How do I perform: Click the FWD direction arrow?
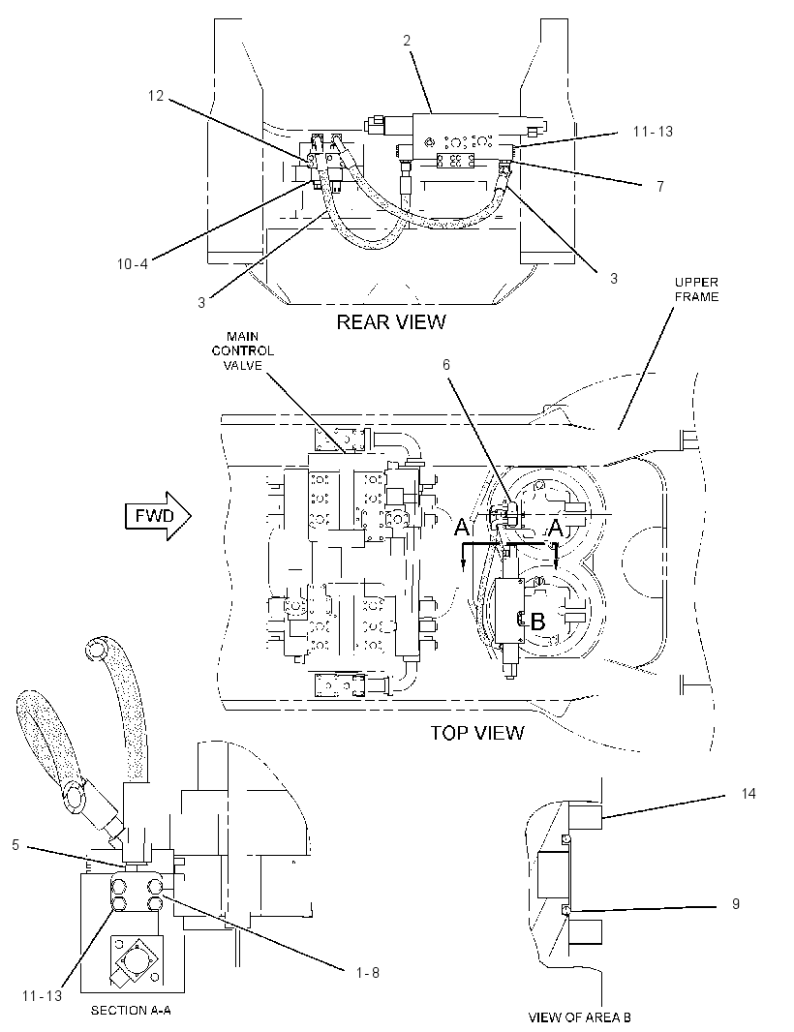[158, 515]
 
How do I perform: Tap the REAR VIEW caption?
[391, 321]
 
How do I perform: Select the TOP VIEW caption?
[477, 733]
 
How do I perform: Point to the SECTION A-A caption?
[131, 1011]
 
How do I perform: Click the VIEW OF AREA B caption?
[579, 1017]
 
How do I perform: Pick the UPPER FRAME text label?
[696, 289]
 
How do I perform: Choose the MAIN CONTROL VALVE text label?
[242, 350]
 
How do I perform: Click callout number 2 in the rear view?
[407, 41]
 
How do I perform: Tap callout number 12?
[155, 96]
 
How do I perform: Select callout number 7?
[660, 187]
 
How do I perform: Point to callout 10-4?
[133, 264]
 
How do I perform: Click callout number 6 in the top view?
[446, 365]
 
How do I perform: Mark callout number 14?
[748, 794]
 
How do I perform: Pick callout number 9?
[736, 904]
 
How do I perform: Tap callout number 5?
[15, 844]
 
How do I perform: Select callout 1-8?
[367, 973]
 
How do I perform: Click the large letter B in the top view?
[538, 622]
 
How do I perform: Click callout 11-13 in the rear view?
[653, 132]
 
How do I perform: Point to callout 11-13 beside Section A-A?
[43, 996]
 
